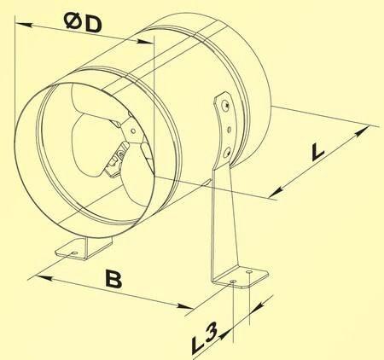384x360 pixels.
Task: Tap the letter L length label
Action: pyautogui.click(x=317, y=151)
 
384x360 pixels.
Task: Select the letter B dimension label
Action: pyautogui.click(x=113, y=279)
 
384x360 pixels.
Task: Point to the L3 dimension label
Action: pyautogui.click(x=204, y=338)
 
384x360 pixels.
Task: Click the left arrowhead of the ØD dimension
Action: pyautogui.click(x=23, y=25)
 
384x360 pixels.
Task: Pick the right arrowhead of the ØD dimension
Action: pyautogui.click(x=145, y=42)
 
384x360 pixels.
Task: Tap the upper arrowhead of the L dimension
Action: pyautogui.click(x=361, y=131)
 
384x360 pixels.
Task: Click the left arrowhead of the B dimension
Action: pyautogui.click(x=44, y=278)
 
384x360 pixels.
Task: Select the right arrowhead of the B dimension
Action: pyautogui.click(x=184, y=306)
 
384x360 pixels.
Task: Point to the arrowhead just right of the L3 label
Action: pyautogui.click(x=225, y=334)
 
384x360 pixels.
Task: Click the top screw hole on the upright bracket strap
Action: pyautogui.click(x=226, y=105)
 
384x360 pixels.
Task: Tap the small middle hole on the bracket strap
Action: pyautogui.click(x=229, y=130)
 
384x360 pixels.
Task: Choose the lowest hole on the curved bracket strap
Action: pyautogui.click(x=227, y=153)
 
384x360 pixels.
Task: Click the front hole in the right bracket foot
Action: pyautogui.click(x=233, y=282)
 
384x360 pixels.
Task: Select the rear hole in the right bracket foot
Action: pyautogui.click(x=249, y=272)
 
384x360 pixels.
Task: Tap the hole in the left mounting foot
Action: pyautogui.click(x=74, y=253)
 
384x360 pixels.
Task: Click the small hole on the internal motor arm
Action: pyautogui.click(x=133, y=131)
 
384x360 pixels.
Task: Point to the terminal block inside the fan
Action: pyautogui.click(x=117, y=160)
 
